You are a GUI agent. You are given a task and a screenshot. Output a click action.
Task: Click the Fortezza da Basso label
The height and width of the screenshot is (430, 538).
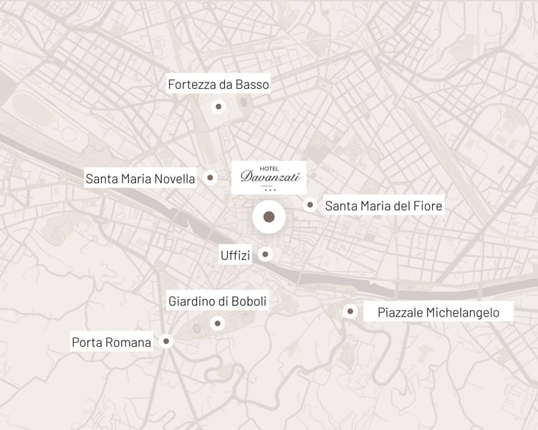[x=218, y=85]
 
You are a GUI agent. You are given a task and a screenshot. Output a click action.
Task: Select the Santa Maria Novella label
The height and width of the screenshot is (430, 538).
[x=140, y=178]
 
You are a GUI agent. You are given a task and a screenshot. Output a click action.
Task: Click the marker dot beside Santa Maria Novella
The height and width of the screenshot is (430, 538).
[x=210, y=178]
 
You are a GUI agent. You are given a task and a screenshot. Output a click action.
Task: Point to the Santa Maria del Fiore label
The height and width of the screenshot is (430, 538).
[x=383, y=206]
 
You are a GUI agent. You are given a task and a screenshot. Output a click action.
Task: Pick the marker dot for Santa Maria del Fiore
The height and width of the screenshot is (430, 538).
[x=309, y=205]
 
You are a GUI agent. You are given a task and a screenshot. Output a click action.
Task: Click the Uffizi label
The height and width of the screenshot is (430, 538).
[x=236, y=255]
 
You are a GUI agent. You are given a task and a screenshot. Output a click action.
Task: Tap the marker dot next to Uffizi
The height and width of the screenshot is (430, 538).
[x=266, y=254]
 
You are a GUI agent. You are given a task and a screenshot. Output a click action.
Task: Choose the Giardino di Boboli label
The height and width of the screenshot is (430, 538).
[x=217, y=302]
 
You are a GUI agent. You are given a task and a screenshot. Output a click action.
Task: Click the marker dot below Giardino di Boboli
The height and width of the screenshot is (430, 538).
[x=217, y=324]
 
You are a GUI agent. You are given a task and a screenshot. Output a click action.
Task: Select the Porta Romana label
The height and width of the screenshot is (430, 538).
[x=111, y=342]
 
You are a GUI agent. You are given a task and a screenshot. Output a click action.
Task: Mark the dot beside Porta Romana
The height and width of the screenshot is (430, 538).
[x=166, y=342]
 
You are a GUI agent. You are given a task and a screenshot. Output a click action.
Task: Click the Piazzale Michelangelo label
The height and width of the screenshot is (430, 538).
[x=438, y=312]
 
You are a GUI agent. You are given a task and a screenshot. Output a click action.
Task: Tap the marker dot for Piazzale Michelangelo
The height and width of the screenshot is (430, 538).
[x=350, y=311]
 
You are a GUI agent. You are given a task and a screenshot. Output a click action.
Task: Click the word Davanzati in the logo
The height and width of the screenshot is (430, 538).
[x=269, y=176]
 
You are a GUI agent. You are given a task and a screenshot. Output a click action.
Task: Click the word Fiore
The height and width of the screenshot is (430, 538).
[x=428, y=206]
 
